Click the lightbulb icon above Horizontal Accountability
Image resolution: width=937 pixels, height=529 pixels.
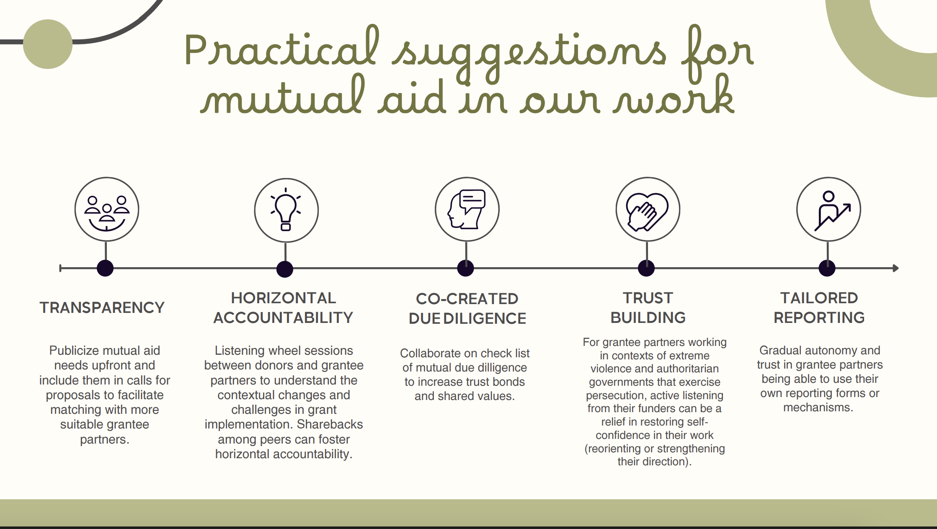[x=286, y=210]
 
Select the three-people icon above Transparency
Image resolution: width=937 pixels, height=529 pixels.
[x=107, y=213]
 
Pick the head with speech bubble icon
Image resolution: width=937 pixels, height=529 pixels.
[x=467, y=209]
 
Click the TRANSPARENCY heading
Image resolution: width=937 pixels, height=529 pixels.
[x=102, y=308]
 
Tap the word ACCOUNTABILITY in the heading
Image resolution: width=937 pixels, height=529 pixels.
[x=283, y=318]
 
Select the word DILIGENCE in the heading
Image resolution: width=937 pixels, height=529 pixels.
[x=485, y=319]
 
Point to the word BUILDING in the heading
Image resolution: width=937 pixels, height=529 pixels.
[x=648, y=318]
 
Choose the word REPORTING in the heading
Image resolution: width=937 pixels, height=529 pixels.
[x=819, y=318]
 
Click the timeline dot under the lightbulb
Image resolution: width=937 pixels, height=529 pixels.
[x=285, y=269]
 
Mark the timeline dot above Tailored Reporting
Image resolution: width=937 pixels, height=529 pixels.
[x=827, y=268]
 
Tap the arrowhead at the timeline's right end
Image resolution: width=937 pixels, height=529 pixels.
[x=896, y=268]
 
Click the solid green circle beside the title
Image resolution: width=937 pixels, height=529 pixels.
[x=48, y=44]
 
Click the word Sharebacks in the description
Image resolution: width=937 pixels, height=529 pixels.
[x=330, y=424]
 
